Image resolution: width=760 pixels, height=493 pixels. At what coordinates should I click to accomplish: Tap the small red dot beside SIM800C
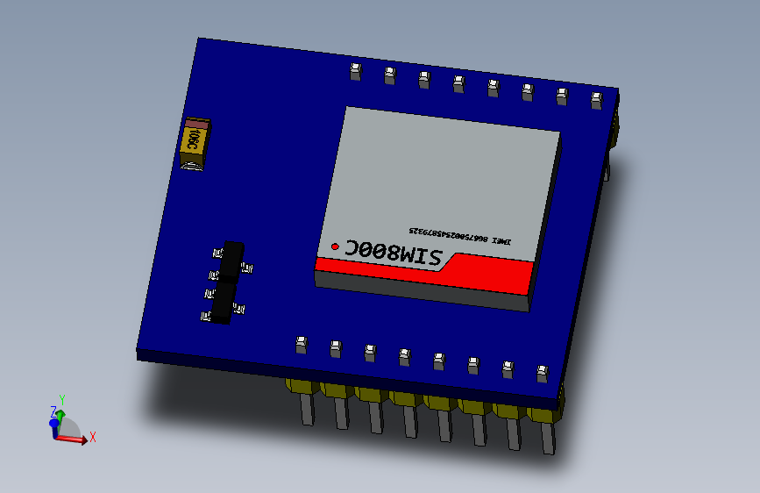pyautogui.click(x=334, y=247)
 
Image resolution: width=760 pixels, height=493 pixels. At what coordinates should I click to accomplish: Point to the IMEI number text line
pyautogui.click(x=459, y=236)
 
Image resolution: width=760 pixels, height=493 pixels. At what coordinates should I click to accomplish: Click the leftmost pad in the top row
pyautogui.click(x=355, y=71)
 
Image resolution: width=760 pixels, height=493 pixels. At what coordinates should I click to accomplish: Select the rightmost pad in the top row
pyautogui.click(x=596, y=100)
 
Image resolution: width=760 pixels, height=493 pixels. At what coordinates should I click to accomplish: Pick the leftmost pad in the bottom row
pyautogui.click(x=301, y=344)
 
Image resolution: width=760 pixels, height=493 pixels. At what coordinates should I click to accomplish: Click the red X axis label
pyautogui.click(x=92, y=436)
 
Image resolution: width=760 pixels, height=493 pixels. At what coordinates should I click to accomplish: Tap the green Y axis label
pyautogui.click(x=62, y=398)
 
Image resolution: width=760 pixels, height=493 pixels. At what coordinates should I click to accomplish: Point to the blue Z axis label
pyautogui.click(x=53, y=411)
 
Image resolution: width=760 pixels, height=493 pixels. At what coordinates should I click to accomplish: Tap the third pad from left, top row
pyautogui.click(x=423, y=80)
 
